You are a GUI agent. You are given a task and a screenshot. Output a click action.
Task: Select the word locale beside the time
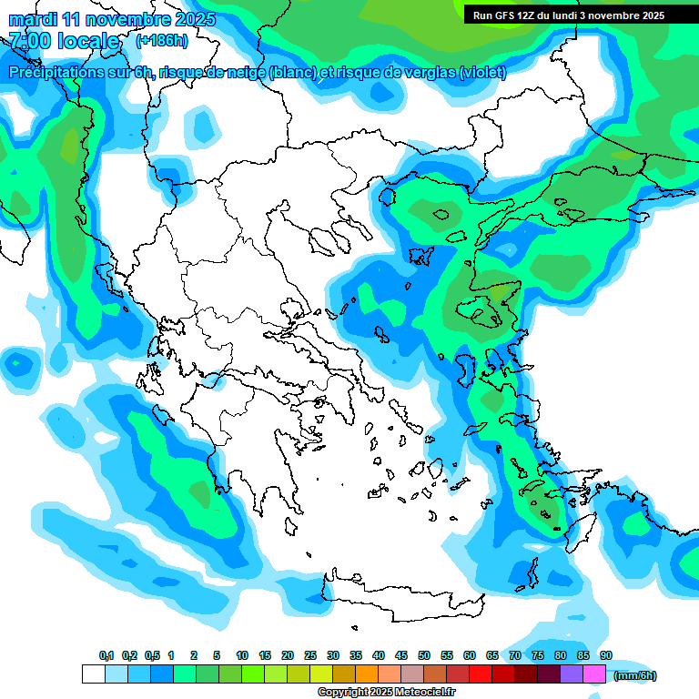[88, 41]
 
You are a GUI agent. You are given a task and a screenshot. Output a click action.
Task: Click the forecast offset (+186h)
[161, 41]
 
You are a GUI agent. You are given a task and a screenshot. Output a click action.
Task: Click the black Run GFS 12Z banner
[568, 15]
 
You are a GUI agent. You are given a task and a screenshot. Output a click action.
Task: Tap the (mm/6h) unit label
[634, 675]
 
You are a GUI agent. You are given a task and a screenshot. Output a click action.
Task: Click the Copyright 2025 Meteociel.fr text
[386, 693]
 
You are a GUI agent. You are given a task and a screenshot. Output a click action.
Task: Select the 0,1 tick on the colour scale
[106, 656]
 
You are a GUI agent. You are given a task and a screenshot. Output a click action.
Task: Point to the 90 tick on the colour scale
[606, 656]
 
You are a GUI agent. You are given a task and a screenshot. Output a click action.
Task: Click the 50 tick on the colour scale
[424, 656]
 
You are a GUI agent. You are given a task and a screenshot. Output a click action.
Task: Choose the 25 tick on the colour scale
[310, 656]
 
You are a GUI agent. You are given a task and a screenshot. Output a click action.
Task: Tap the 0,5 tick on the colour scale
[152, 656]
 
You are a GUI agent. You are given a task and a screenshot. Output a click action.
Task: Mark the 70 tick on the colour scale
[515, 656]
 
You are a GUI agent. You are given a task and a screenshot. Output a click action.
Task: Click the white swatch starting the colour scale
[93, 674]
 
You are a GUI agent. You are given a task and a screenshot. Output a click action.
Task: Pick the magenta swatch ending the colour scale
[594, 674]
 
